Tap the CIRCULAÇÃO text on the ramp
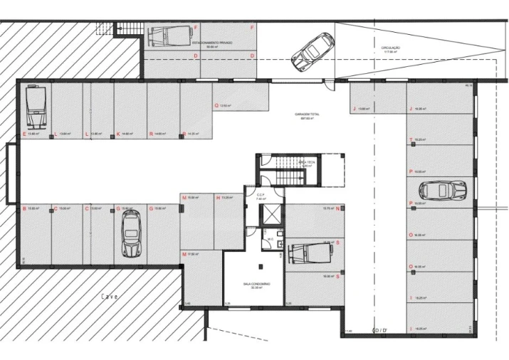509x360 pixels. tap(391, 49)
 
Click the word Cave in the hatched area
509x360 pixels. tap(109, 296)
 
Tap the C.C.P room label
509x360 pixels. tap(260, 196)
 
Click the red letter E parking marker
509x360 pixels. tap(25, 134)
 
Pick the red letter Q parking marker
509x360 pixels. tap(216, 105)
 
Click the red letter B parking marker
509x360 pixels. tap(25, 208)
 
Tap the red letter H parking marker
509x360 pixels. tap(218, 197)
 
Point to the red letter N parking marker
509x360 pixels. tap(337, 208)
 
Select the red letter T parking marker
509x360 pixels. tap(411, 139)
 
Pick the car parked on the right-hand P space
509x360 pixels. tap(441, 191)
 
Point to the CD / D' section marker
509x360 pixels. tap(381, 330)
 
